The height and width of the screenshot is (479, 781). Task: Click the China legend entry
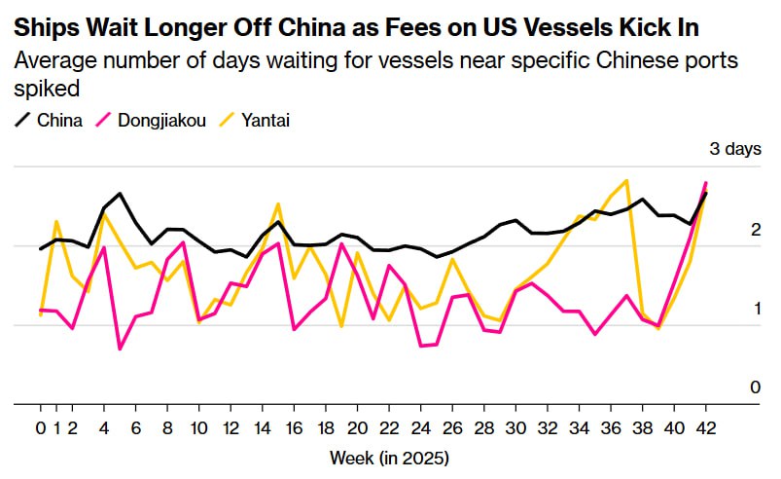55,121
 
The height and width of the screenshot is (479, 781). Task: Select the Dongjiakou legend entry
161,121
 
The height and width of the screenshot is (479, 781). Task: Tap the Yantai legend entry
266,121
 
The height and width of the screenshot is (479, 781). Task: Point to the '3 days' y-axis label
735,149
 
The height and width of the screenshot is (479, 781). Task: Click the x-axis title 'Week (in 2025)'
389,457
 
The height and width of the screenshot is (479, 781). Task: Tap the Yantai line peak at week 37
626,180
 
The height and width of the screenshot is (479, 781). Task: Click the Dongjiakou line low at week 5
120,349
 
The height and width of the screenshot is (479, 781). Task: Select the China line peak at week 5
120,194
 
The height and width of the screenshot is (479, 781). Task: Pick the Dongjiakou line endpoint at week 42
705,183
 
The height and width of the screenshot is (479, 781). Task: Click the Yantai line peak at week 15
278,203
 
